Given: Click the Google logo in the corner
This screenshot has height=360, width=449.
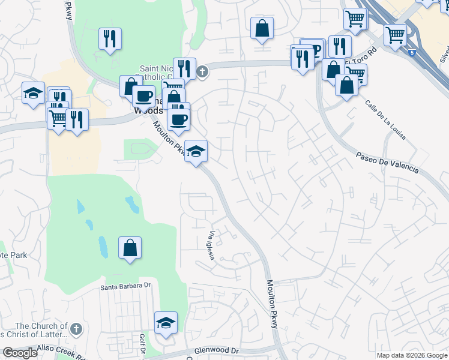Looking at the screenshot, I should [x=20, y=353].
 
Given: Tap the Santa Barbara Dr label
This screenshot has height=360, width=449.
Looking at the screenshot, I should [x=125, y=287].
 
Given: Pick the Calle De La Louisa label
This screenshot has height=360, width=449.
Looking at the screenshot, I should [x=385, y=120].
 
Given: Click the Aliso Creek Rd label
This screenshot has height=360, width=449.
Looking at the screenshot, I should [x=60, y=350].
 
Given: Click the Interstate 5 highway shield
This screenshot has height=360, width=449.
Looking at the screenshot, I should [x=412, y=53].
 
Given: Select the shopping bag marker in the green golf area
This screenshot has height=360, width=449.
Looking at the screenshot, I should [x=130, y=248].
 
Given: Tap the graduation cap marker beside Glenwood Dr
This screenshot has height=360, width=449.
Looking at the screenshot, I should [x=166, y=323].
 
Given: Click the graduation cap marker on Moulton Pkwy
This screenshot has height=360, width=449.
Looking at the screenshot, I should [x=196, y=151].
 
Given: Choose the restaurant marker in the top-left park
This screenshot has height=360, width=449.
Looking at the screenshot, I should [x=110, y=39].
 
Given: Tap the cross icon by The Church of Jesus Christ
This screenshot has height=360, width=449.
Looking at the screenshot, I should [x=75, y=328].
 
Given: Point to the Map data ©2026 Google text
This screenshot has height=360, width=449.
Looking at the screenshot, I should [x=412, y=355].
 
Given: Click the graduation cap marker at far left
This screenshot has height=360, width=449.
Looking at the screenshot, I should [x=34, y=92].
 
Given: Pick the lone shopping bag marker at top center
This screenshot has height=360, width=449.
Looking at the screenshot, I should [x=262, y=28].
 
